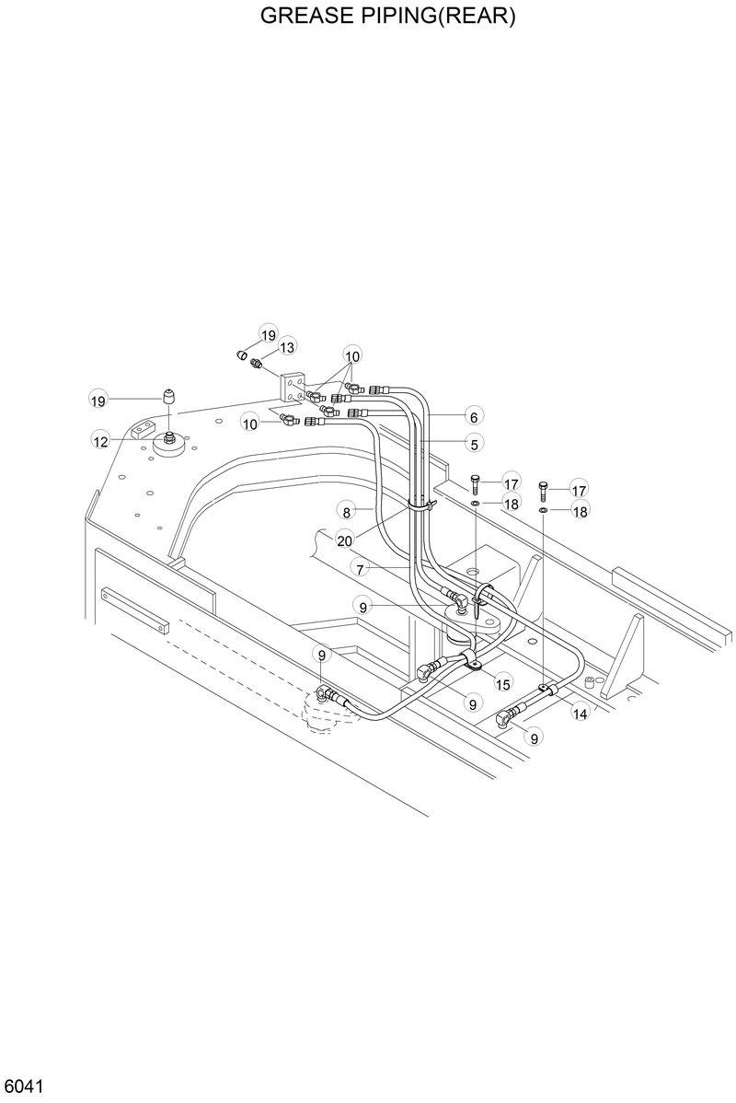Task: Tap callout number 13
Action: [287, 347]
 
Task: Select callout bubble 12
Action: [101, 441]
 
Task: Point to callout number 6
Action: [475, 415]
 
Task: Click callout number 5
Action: [475, 444]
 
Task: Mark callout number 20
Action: [344, 540]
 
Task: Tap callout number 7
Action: [364, 569]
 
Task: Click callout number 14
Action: [581, 712]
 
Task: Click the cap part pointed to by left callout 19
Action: [169, 398]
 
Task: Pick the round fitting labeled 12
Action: [170, 444]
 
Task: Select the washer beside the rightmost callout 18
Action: [544, 509]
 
